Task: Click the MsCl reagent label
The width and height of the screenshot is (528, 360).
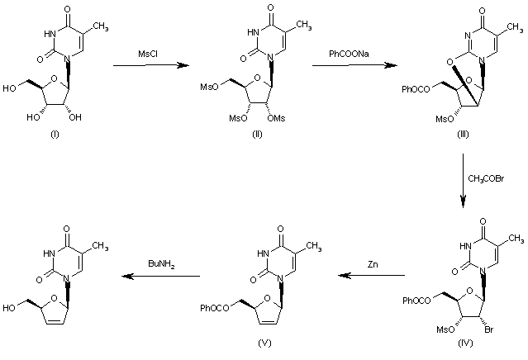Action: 150,54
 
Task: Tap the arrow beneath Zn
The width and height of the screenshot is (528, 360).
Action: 372,277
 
